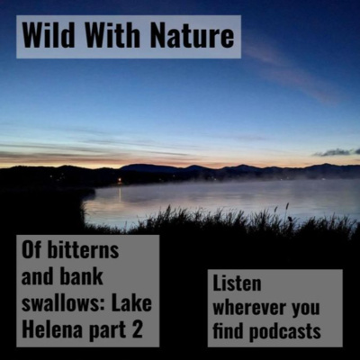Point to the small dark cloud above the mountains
pos(336,152)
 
